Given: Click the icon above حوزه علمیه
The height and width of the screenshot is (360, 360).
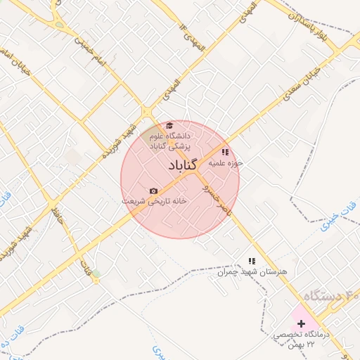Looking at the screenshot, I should click(224, 152).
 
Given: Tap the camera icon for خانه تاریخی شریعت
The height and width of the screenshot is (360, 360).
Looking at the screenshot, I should click(153, 191).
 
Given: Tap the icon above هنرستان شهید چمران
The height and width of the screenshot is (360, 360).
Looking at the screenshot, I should click(252, 261).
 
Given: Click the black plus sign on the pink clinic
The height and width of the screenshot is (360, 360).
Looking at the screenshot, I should click(302, 324).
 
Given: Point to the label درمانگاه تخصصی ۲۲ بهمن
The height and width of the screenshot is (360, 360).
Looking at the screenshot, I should click(302, 340).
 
